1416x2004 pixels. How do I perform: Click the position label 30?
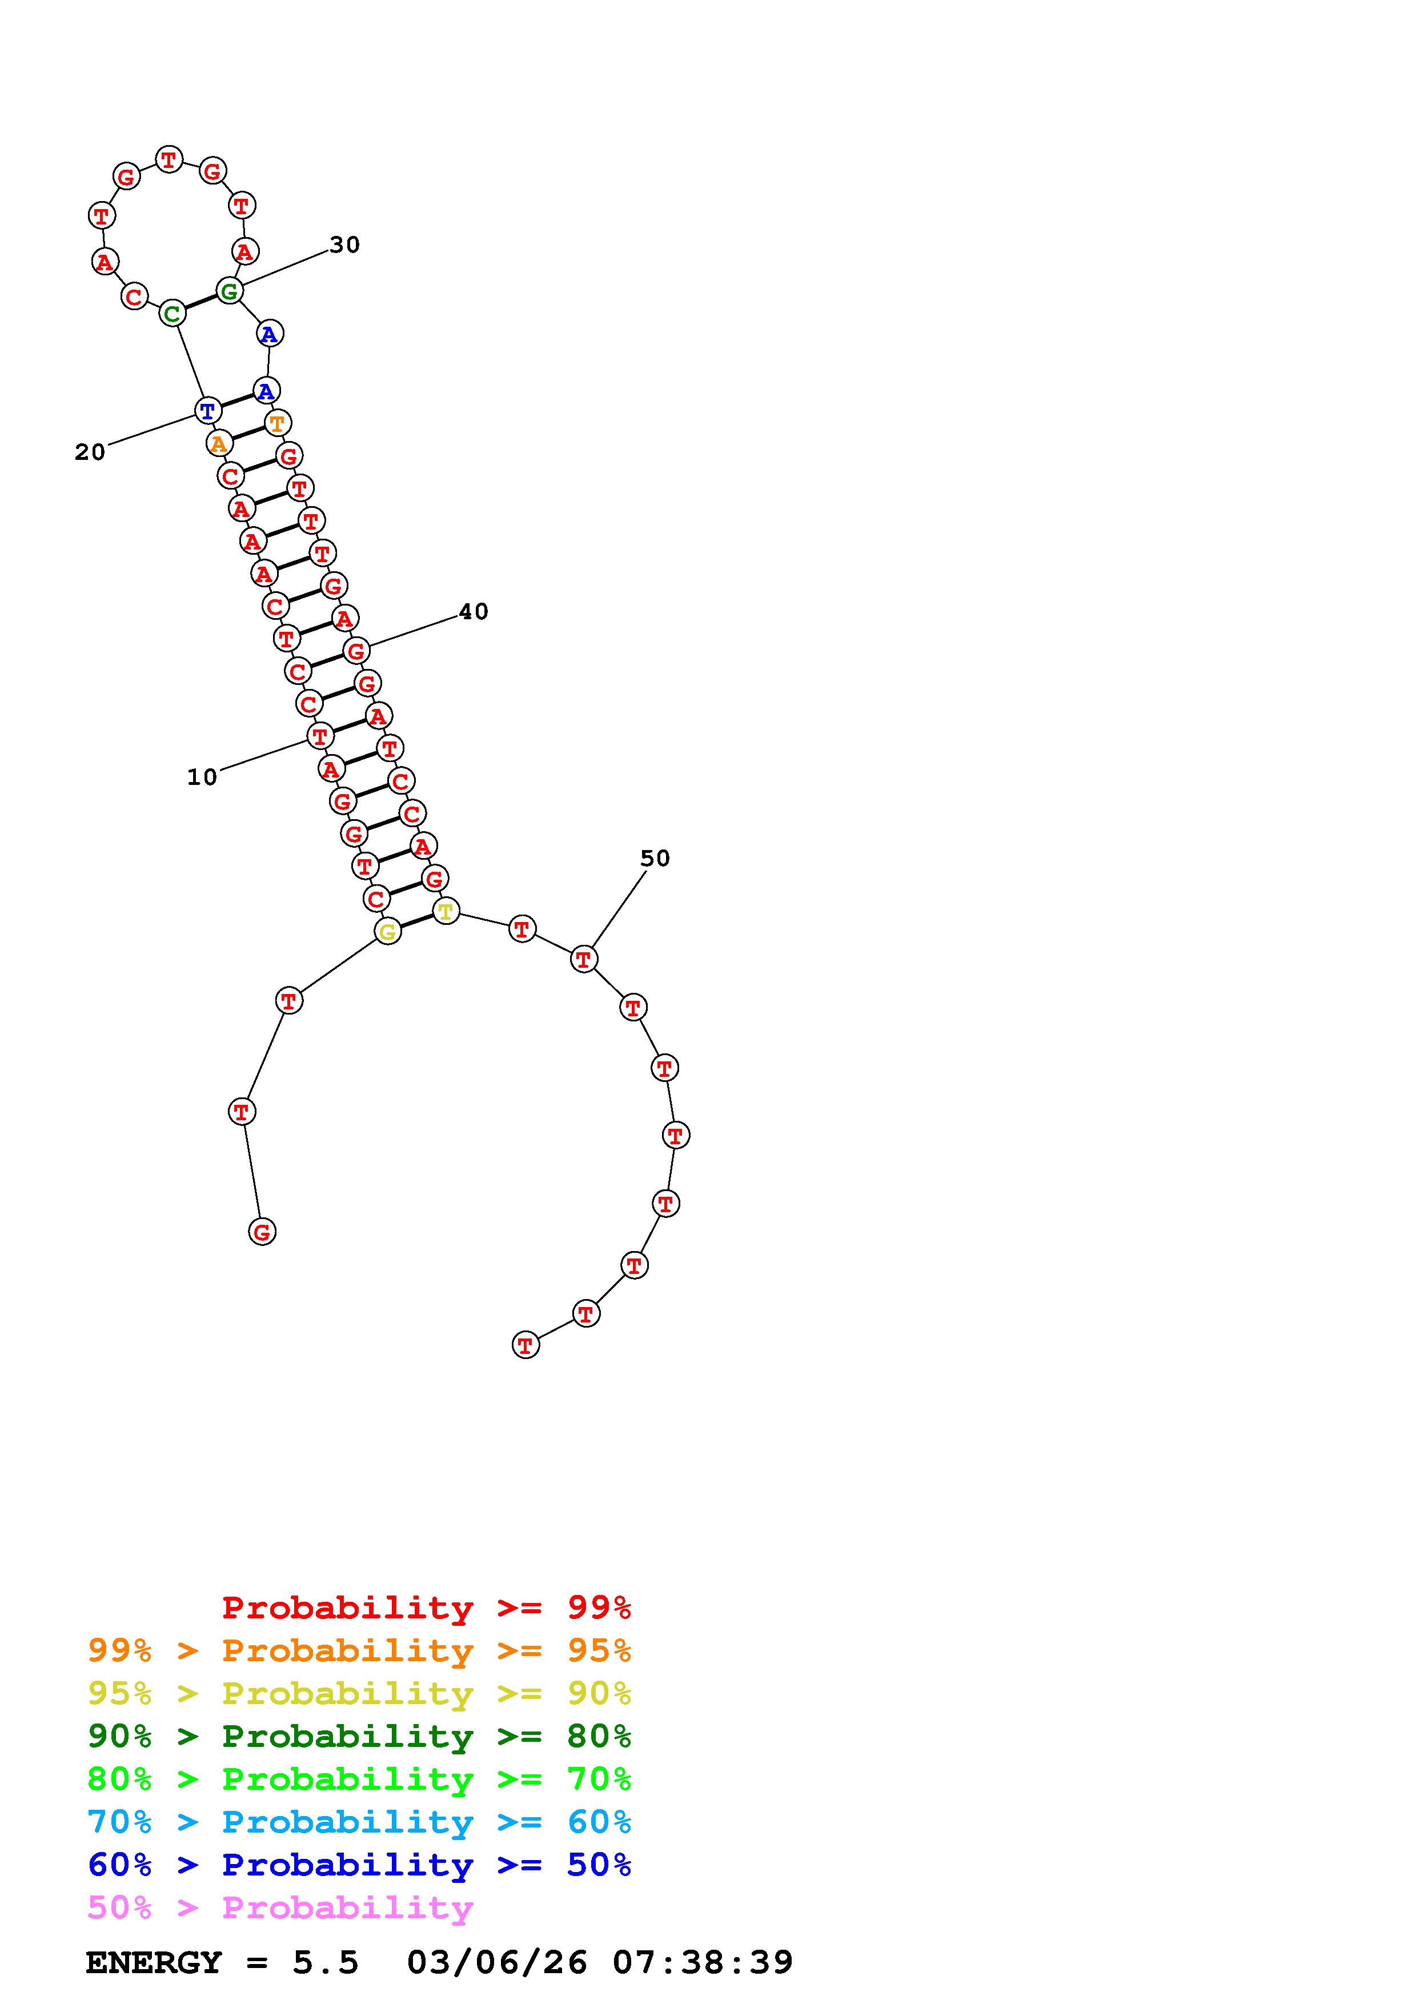[344, 245]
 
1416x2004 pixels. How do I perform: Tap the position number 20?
[90, 452]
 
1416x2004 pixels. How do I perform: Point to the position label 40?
[474, 612]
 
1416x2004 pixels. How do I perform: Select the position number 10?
[202, 777]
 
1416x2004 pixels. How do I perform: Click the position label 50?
[655, 859]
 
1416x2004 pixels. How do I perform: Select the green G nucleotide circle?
[228, 291]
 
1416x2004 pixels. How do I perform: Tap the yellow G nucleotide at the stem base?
[387, 931]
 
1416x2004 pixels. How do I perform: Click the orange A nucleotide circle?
[219, 443]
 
